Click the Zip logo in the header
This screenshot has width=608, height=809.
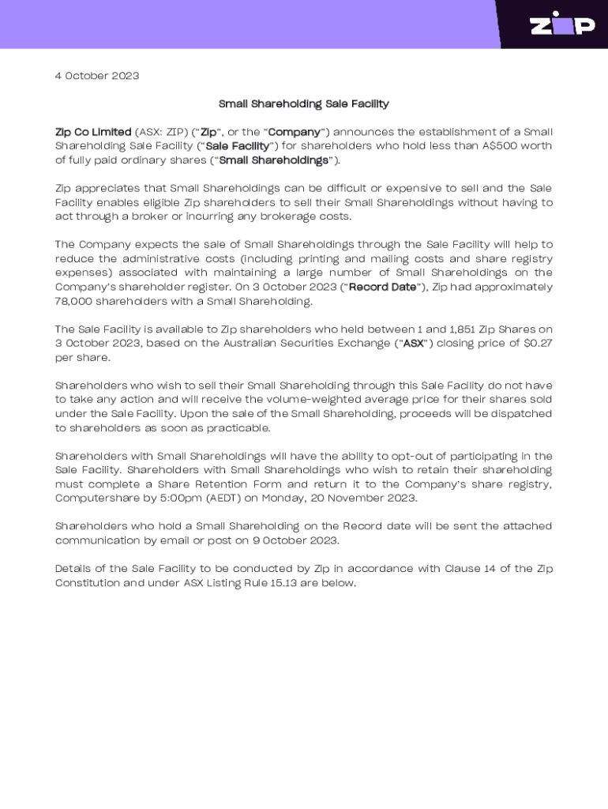click(561, 24)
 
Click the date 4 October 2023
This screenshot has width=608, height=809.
click(97, 76)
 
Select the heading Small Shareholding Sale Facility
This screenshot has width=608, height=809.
click(303, 103)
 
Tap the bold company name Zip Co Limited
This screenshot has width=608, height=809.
click(93, 132)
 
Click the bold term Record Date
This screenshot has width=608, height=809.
click(382, 287)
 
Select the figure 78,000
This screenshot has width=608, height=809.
click(73, 301)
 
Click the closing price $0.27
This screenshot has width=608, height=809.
click(536, 344)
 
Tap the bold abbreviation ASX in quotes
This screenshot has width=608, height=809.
click(413, 344)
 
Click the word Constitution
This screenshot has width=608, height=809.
click(89, 583)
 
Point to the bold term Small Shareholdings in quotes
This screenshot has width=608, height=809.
click(273, 160)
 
